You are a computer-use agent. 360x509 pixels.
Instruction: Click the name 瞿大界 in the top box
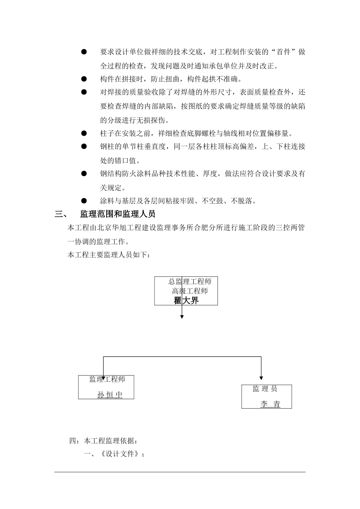186,301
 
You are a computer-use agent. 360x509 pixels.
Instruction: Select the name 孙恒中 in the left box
110,395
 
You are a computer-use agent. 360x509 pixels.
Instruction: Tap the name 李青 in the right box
270,404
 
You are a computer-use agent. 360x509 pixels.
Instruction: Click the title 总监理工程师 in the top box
190,281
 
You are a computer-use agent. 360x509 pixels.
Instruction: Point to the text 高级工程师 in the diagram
190,291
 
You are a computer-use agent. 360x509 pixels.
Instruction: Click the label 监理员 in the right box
265,389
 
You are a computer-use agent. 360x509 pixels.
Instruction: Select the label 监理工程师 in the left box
107,379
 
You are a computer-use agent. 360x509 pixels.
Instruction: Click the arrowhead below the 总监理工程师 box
182,317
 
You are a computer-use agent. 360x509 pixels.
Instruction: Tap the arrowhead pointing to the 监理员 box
261,378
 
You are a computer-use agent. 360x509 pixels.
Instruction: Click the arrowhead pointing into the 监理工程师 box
103,378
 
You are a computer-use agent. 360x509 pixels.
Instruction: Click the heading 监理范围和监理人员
117,214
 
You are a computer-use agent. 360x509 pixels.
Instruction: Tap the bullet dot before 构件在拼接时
84,79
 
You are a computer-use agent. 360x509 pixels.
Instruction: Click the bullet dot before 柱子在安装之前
84,133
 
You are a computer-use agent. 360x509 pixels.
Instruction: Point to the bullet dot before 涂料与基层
84,201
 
